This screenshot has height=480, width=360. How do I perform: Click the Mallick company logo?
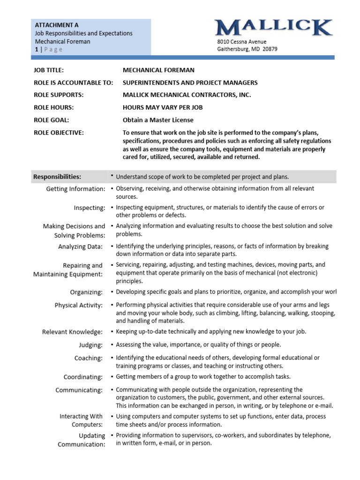pos(274,28)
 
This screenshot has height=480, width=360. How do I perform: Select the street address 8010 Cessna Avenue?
pos(241,41)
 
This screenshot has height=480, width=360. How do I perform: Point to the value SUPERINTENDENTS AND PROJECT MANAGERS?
pos(190,82)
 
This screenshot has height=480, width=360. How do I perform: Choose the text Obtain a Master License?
pos(158,120)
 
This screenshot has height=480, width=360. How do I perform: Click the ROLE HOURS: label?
pos(53,107)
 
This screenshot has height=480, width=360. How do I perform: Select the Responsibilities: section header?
pos(57,177)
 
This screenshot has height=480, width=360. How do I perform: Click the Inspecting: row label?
pos(90,208)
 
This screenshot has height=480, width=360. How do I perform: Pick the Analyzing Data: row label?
pos(82,247)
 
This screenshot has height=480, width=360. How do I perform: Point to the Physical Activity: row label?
pos(78,305)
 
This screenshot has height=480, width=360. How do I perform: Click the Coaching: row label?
pos(88,358)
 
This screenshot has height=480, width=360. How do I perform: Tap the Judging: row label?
pos(90,345)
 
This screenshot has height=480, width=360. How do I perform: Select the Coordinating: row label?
pos(83,377)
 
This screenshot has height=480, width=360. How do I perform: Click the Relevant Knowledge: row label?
pos(72,332)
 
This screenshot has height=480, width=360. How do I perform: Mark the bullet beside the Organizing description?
pos(112,292)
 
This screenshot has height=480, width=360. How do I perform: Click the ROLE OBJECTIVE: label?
pos(59,133)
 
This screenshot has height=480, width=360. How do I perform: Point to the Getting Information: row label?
pos(75,189)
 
